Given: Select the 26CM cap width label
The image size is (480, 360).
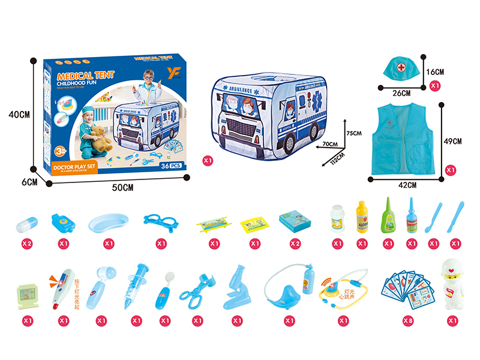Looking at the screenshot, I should (x=401, y=93).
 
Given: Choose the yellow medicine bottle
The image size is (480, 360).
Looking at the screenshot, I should (x=361, y=217).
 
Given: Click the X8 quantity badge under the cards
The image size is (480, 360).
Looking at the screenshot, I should (x=408, y=320).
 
